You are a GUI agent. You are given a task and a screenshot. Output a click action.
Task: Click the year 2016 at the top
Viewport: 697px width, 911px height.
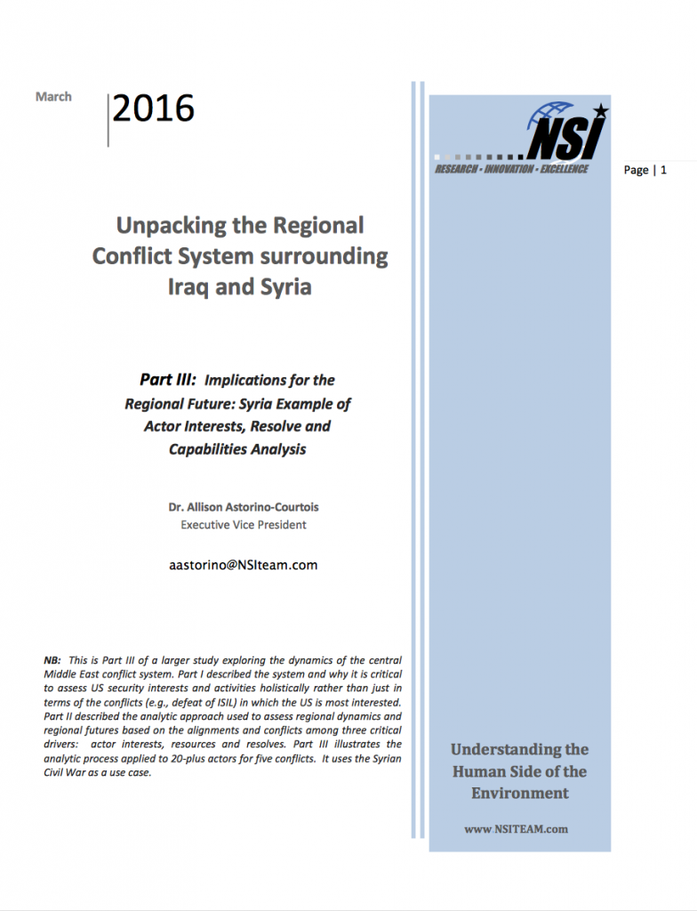click(153, 109)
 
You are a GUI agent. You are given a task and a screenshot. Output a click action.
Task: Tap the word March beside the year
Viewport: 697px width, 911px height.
click(53, 96)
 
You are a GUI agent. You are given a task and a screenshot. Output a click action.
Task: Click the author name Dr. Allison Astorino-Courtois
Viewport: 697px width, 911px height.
click(244, 507)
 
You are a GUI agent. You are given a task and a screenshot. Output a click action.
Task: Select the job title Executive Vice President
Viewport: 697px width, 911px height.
click(244, 525)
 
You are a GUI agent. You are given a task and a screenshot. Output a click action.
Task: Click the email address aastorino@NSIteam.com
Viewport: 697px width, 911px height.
click(244, 565)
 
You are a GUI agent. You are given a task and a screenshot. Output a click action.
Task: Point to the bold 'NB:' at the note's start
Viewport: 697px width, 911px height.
click(52, 661)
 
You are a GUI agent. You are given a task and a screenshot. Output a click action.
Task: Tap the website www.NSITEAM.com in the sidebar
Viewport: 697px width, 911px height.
click(516, 829)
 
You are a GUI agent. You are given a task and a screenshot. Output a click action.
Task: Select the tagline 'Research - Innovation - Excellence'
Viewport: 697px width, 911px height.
click(511, 169)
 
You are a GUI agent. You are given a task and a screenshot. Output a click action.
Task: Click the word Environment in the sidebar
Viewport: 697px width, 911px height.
click(519, 793)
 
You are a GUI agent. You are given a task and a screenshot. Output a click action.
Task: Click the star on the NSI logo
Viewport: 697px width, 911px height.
click(600, 110)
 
